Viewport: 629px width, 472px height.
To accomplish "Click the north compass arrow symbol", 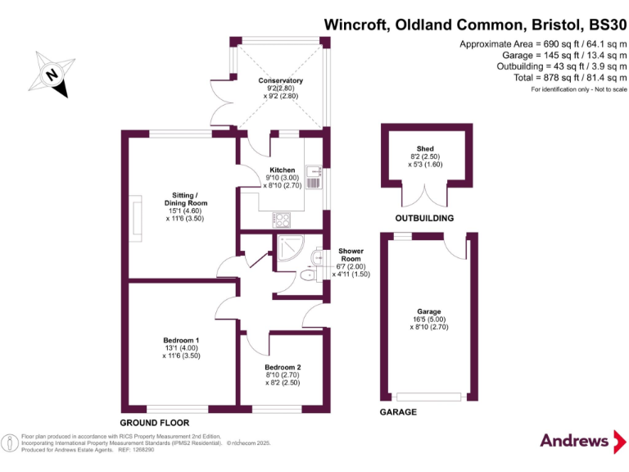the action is coord(52,74).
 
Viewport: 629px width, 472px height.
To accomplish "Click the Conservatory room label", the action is coord(281,80).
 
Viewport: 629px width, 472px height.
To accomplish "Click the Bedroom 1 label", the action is coord(181,340).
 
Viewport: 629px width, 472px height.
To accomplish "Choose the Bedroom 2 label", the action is coord(283,367).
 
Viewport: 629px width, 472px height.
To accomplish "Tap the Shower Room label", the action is coord(353,256).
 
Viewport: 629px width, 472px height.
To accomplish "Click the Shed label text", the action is coord(425,148).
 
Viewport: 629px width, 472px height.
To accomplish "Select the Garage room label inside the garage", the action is coord(429,311).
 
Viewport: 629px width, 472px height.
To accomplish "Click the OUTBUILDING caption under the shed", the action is coord(424,219).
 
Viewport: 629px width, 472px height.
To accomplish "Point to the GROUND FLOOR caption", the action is coord(161,422).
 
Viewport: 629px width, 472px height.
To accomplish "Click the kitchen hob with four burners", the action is coord(281,220).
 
